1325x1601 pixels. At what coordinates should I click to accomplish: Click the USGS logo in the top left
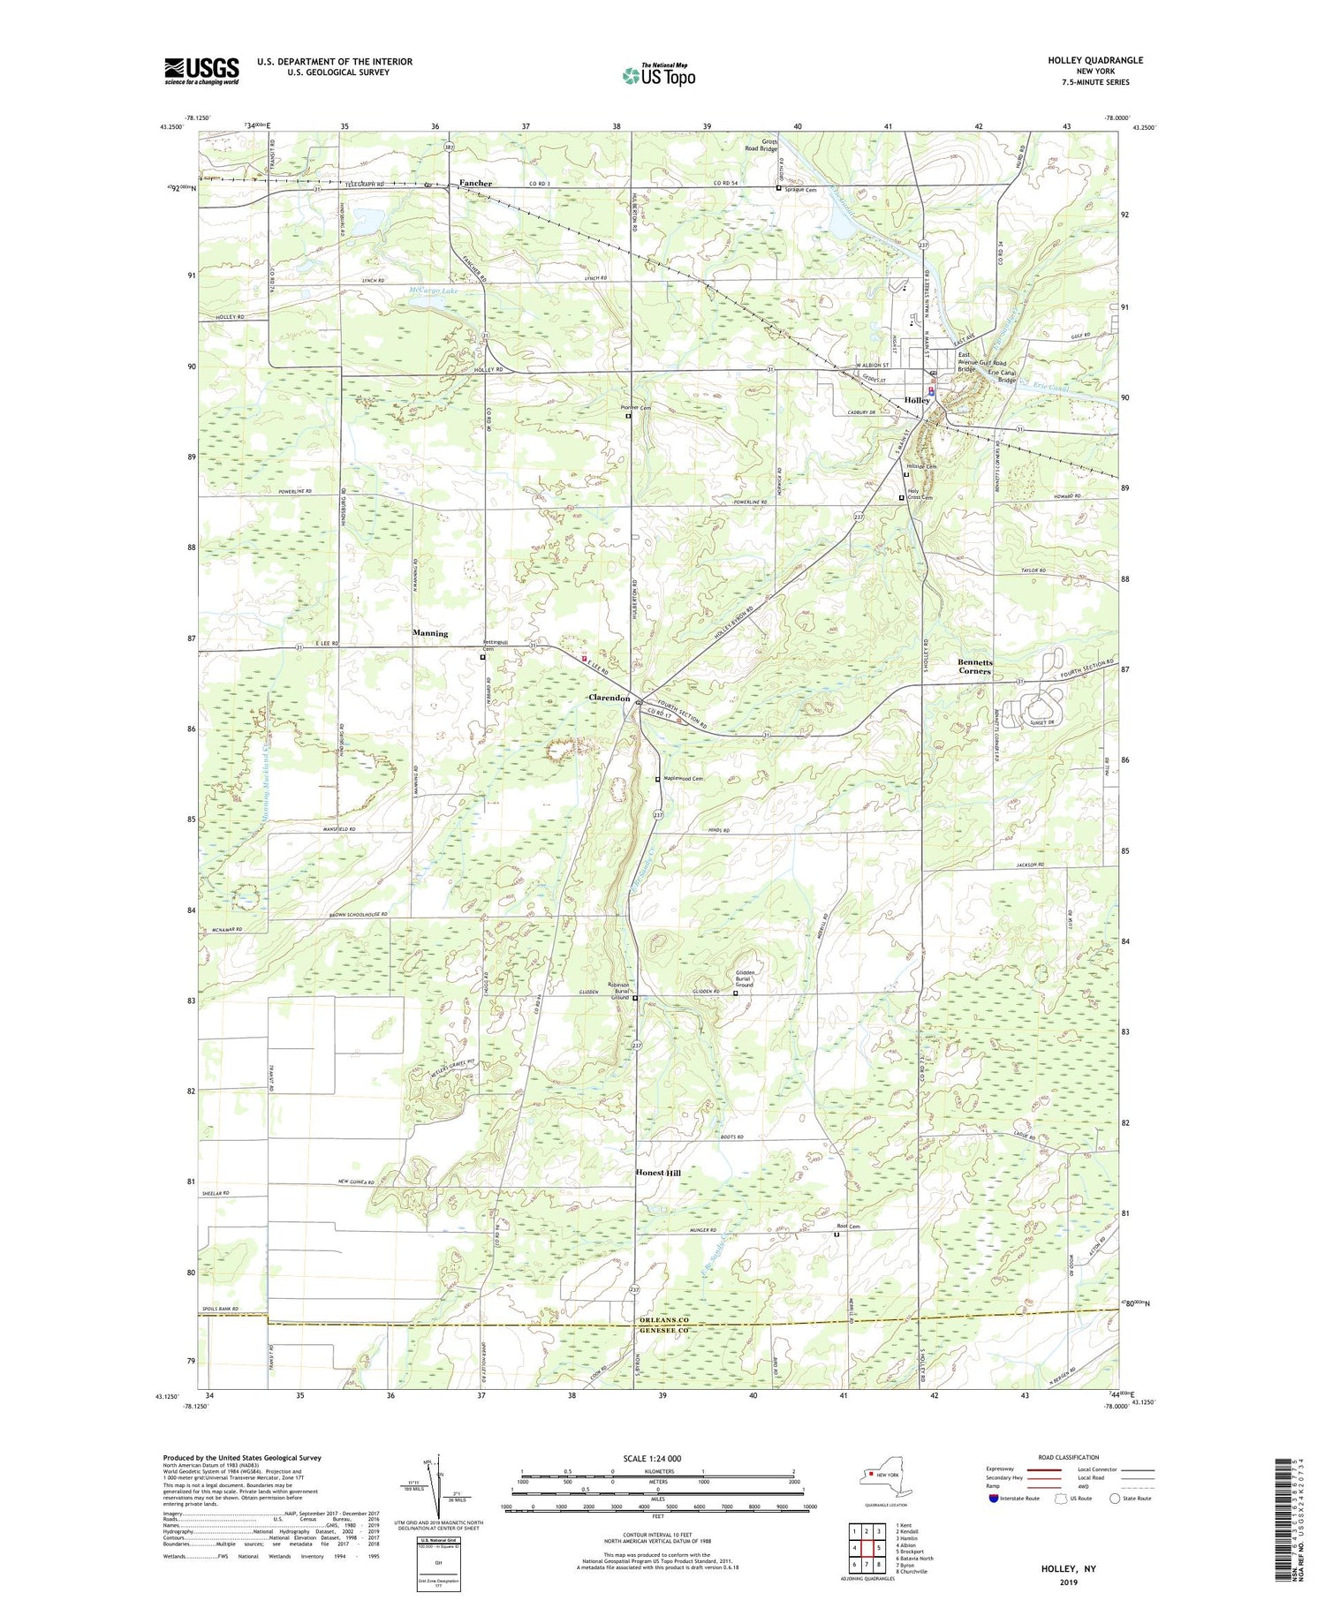tap(201, 71)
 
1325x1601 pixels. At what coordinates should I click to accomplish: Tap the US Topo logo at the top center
tap(658, 76)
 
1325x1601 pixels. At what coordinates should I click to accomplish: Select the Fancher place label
tap(475, 184)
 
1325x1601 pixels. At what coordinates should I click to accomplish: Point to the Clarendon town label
tap(609, 698)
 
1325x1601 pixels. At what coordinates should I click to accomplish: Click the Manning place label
tap(430, 633)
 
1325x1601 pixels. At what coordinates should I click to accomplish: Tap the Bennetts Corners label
tap(975, 667)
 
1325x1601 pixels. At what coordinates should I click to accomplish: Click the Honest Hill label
tap(658, 1173)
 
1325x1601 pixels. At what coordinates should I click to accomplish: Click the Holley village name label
tap(917, 400)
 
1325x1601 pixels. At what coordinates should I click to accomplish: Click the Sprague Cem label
tap(801, 189)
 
